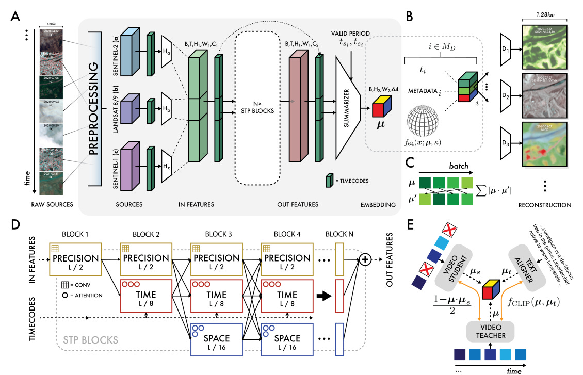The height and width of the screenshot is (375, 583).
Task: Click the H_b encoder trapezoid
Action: tap(167, 109)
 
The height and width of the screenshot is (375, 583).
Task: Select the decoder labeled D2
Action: tap(508, 96)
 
